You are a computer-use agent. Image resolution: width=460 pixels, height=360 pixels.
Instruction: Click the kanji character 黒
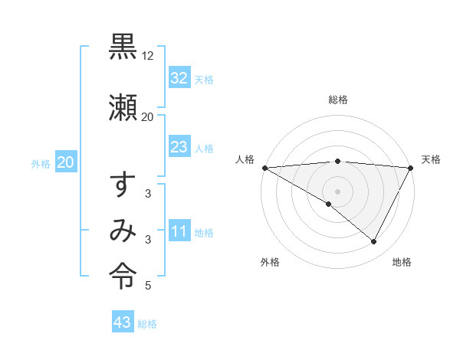click(123, 48)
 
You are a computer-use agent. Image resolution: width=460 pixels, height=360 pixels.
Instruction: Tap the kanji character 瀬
click(123, 107)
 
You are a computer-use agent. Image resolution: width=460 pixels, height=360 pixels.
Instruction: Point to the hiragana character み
click(123, 231)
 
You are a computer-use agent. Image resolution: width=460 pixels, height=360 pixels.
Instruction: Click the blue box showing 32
click(179, 78)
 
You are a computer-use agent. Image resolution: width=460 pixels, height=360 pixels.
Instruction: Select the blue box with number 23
click(179, 147)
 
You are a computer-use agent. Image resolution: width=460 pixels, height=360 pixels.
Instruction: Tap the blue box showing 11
click(179, 231)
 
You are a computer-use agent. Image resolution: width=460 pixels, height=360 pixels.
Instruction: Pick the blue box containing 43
click(123, 322)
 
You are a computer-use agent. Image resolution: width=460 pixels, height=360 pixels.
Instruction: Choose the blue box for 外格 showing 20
click(65, 162)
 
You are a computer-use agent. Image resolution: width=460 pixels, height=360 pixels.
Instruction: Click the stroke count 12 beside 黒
click(148, 56)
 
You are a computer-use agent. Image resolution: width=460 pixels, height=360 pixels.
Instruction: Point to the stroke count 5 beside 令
click(147, 286)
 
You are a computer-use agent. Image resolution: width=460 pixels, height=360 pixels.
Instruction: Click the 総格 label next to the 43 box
click(147, 324)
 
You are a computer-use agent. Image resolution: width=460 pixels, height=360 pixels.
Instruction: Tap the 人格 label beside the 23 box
click(204, 148)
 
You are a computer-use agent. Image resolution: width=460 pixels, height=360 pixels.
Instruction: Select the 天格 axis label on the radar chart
click(431, 159)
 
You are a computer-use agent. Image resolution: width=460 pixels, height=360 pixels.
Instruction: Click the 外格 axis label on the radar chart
click(269, 262)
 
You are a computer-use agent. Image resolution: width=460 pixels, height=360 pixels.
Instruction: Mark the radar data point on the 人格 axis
click(264, 168)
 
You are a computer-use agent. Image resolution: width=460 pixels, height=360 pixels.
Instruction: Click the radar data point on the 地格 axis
click(374, 242)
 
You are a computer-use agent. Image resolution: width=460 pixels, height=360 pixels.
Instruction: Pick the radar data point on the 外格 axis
click(329, 204)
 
